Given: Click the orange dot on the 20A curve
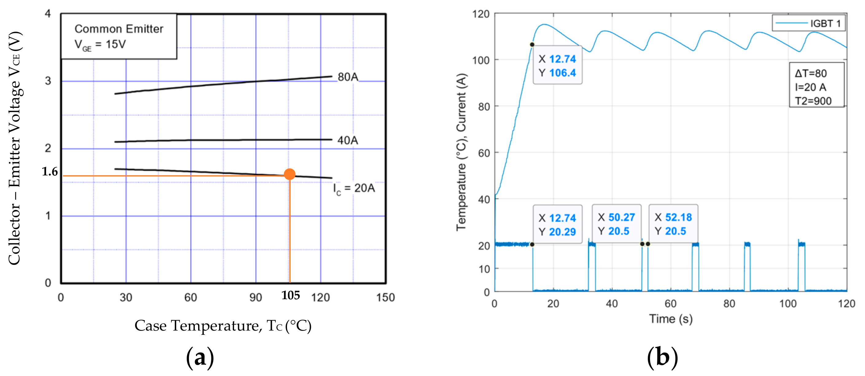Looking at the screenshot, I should [x=289, y=174].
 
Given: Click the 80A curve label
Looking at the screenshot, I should [x=348, y=77].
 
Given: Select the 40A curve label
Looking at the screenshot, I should [x=347, y=140].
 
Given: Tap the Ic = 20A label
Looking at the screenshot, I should [x=354, y=189].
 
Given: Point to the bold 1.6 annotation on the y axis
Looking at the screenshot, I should [x=50, y=172].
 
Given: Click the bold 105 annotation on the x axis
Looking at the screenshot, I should [x=291, y=296].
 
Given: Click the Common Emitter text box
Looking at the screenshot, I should [x=119, y=36].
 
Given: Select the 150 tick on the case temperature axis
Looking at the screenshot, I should [x=385, y=297].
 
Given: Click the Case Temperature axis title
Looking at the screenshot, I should [x=223, y=326].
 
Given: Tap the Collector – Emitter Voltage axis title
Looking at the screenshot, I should [x=15, y=148].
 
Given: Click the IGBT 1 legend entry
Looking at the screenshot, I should [x=808, y=23].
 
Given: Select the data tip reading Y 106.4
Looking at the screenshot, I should [x=558, y=65].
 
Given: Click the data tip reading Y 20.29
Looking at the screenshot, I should [x=558, y=225].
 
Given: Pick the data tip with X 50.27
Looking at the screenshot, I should [x=616, y=224].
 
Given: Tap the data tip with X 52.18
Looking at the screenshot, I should [x=673, y=224].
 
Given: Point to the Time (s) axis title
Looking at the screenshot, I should [x=671, y=319].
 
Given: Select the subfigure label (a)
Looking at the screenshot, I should [x=200, y=358].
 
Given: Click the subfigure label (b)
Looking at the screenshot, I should [x=662, y=358].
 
